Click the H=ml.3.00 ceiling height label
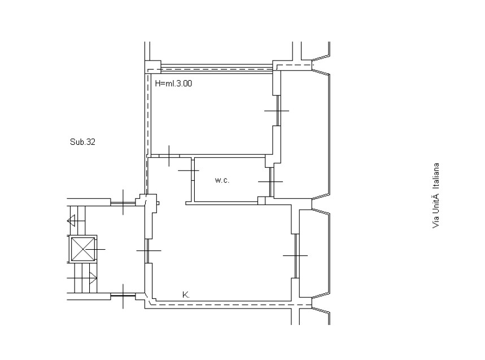point(173,83)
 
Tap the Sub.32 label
point(82,142)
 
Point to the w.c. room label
point(222,180)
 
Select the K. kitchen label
point(186,294)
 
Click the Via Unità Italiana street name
point(435,196)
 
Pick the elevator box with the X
point(82,249)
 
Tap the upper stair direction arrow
point(72,221)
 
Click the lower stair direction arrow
point(93,278)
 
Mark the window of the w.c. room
point(271,182)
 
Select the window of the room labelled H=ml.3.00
point(278,111)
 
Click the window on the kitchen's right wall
point(296,255)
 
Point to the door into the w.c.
point(193,170)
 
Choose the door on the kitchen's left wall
point(148,251)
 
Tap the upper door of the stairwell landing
point(123,203)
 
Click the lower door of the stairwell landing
point(123,296)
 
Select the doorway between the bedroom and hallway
point(169,156)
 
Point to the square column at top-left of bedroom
point(153,67)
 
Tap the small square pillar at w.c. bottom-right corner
point(261,201)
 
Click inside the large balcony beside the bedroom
point(305,135)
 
